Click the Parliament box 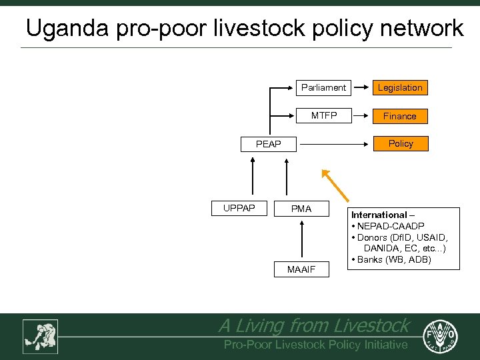323,87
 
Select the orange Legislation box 400,87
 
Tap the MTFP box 324,115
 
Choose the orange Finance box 400,116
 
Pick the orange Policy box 401,143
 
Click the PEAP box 269,144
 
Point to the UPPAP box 239,208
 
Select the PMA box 301,209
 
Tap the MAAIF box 301,269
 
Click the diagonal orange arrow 335,185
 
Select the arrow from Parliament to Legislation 361,87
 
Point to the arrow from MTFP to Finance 361,115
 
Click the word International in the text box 379,215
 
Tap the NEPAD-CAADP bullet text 390,226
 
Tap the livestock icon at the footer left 41,336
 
